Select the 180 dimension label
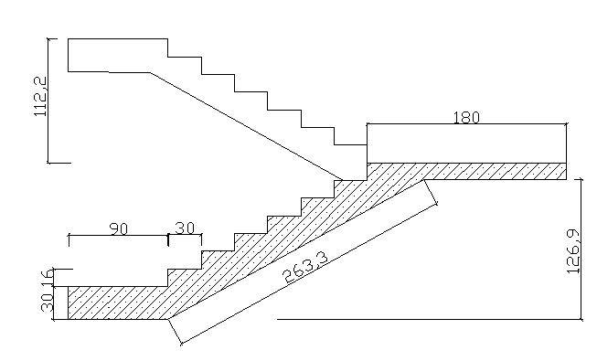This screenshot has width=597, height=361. pos(466,118)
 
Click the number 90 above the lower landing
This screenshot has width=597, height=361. pos(118,229)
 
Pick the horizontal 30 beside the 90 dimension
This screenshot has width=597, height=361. pos(185,229)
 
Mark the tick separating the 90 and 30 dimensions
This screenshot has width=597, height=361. pos(168,239)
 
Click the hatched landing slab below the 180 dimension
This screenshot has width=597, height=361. pos(485,171)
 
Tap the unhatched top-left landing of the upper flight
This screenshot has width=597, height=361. pos(110,54)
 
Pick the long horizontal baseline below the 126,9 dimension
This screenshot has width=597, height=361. pos(430,320)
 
